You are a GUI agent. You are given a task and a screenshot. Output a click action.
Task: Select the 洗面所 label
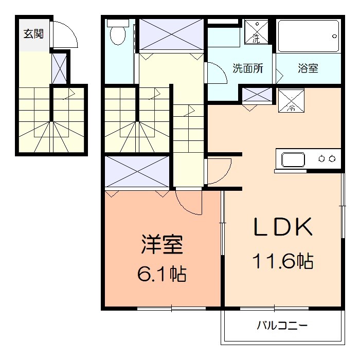(x=248, y=68)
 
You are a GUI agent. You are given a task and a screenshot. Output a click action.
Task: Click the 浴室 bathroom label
(x=308, y=68)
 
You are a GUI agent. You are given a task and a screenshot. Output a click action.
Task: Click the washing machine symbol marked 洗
(x=256, y=32)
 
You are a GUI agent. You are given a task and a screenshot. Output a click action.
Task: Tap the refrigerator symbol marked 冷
(x=291, y=101)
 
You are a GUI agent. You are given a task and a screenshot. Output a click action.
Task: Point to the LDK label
(x=282, y=227)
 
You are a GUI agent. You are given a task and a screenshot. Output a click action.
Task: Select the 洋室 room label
(x=162, y=245)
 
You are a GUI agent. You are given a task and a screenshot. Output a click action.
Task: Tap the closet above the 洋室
(x=137, y=172)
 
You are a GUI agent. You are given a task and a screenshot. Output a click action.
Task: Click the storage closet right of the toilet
(x=171, y=34)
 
